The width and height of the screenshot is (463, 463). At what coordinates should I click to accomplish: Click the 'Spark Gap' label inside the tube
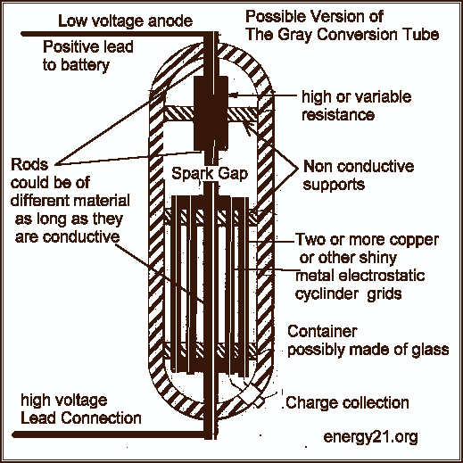(x=210, y=173)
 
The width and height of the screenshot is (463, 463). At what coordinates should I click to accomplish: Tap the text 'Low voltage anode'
(x=125, y=21)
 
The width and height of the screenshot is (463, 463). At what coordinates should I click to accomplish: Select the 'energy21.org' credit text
(x=370, y=437)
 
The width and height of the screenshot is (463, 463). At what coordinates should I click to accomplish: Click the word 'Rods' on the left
(x=29, y=164)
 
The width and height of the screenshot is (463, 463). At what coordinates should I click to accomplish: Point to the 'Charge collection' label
(x=347, y=402)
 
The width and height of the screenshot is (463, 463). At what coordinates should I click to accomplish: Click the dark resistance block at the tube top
(x=211, y=113)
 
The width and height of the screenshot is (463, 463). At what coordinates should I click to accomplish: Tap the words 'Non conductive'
(x=359, y=166)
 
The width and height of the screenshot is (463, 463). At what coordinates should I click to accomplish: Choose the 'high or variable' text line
(x=357, y=96)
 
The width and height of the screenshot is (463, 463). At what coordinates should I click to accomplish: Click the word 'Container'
(x=322, y=331)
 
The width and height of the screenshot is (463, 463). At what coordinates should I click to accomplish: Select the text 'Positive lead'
(x=88, y=46)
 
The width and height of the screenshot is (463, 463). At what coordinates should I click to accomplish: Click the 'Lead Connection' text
(x=81, y=418)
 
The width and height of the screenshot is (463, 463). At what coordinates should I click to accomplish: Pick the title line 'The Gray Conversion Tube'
(x=343, y=35)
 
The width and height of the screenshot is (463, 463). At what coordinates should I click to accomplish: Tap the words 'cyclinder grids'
(x=349, y=294)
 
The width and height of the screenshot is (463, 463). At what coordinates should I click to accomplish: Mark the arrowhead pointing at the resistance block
(x=233, y=95)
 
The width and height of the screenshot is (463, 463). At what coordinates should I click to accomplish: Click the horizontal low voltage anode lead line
(x=113, y=34)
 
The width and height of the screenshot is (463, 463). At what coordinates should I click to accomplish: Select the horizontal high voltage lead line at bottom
(x=109, y=435)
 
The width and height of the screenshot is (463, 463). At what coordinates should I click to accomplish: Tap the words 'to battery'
(x=76, y=65)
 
